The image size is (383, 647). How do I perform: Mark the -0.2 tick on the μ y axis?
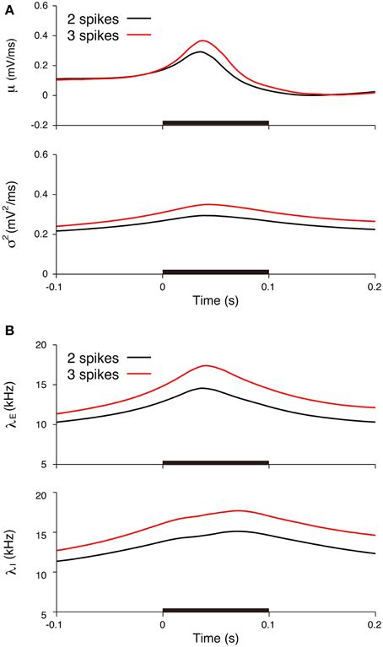(40, 125)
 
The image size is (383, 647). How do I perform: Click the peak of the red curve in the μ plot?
(201, 40)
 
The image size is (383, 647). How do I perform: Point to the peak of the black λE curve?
(202, 388)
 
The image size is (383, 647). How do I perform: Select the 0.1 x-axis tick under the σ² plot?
(268, 286)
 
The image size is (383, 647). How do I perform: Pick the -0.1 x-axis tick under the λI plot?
(56, 624)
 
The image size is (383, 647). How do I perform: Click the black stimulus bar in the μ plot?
(214, 123)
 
